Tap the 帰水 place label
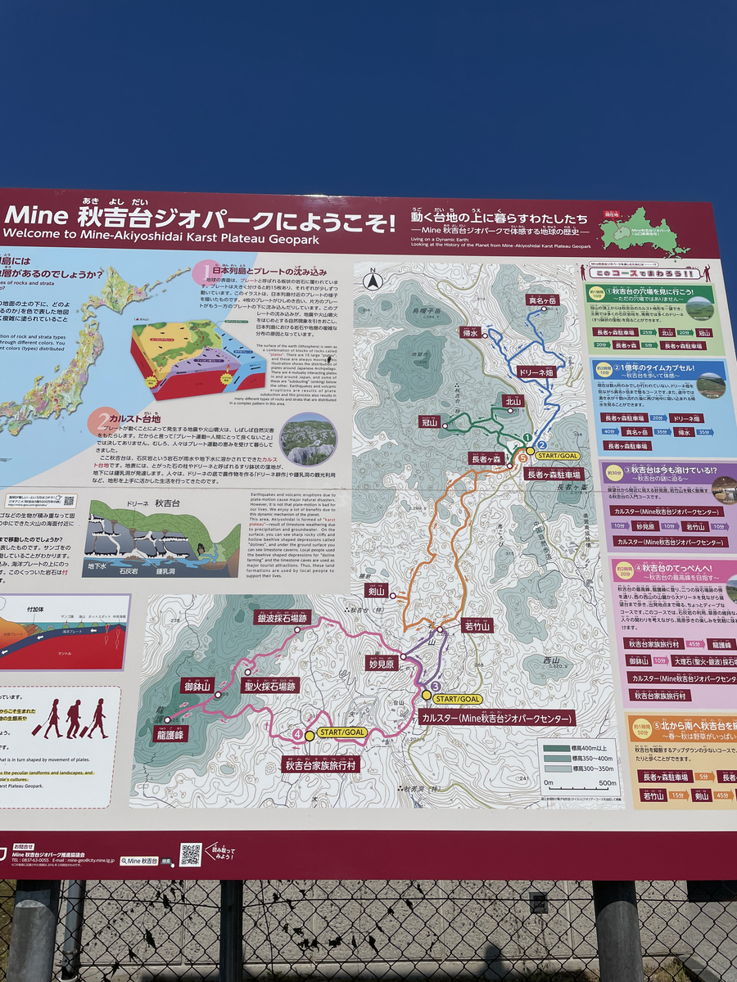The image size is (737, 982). click(469, 334)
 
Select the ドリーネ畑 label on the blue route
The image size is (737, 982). click(536, 372)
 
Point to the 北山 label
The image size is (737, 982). click(513, 402)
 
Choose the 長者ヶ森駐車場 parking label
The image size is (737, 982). click(554, 474)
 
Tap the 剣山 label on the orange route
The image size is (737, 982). click(376, 592)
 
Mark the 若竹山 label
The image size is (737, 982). click(477, 626)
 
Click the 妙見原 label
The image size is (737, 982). click(382, 664)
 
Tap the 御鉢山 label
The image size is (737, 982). click(197, 686)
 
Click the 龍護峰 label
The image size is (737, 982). click(170, 734)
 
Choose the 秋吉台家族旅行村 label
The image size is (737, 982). click(321, 764)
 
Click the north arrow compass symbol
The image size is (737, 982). click(373, 279)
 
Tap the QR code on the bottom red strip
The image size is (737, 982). click(191, 854)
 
